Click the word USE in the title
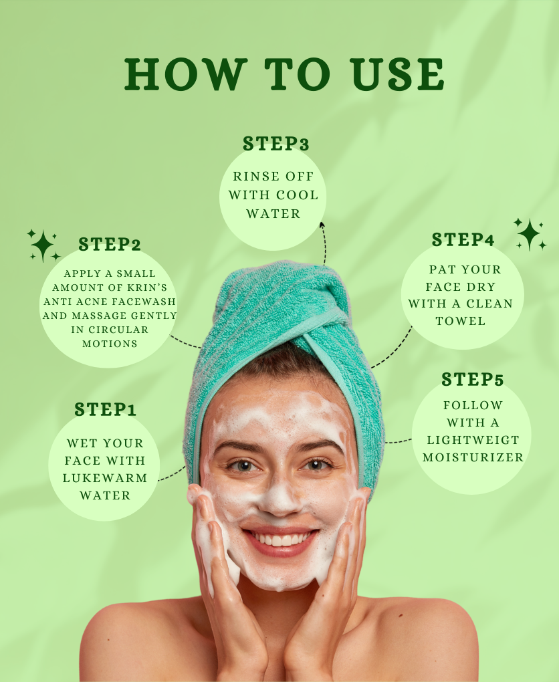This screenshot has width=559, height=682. pyautogui.click(x=399, y=74)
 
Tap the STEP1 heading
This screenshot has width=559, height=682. pyautogui.click(x=106, y=410)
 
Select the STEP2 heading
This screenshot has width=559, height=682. pyautogui.click(x=110, y=245)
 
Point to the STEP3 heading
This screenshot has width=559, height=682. pyautogui.click(x=275, y=144)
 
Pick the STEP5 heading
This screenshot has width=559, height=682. pyautogui.click(x=472, y=380)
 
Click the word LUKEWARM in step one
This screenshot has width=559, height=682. pyautogui.click(x=105, y=478)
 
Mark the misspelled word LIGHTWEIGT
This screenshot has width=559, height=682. pyautogui.click(x=473, y=441)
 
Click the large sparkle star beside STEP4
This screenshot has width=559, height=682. pyautogui.click(x=529, y=234)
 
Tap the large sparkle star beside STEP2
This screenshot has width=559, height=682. pyautogui.click(x=42, y=245)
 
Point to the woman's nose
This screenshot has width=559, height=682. pyautogui.click(x=279, y=495)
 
